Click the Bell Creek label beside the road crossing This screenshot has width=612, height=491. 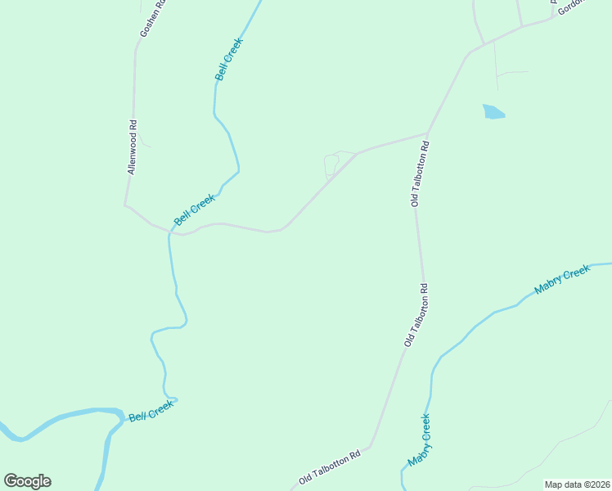pyautogui.click(x=195, y=209)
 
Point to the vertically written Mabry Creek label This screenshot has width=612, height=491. pyautogui.click(x=420, y=442)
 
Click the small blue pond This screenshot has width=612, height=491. pyautogui.click(x=493, y=112)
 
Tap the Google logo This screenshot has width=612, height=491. pyautogui.click(x=27, y=481)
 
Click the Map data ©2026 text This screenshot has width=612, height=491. pyautogui.click(x=578, y=484)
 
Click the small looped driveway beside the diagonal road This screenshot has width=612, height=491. pyautogui.click(x=331, y=164)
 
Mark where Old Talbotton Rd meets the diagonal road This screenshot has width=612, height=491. pyautogui.click(x=427, y=133)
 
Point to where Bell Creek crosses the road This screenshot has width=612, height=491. pyautogui.click(x=169, y=233)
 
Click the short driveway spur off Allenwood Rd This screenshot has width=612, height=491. pyautogui.click(x=144, y=140)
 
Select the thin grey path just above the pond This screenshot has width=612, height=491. pyautogui.click(x=511, y=73)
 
